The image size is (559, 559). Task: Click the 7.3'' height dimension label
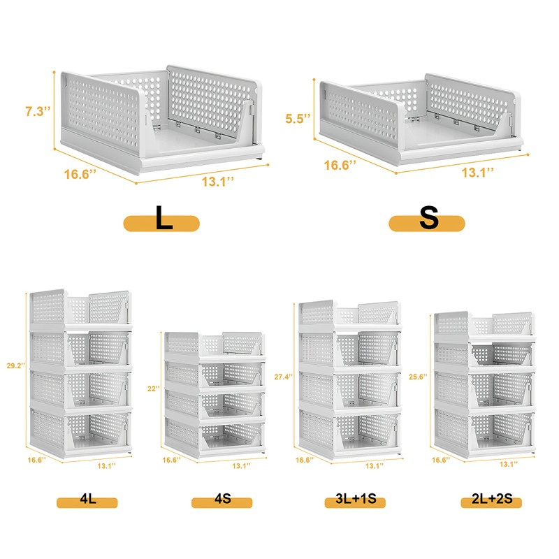[x=37, y=111]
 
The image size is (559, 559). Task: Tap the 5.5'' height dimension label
[x=296, y=118]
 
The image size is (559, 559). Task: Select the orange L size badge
[x=162, y=223]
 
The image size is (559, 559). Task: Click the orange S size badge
[x=427, y=223]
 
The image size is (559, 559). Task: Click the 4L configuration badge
[x=87, y=501]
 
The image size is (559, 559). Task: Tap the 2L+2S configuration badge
[x=491, y=501]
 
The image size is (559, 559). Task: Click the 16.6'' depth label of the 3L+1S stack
[x=305, y=460]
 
